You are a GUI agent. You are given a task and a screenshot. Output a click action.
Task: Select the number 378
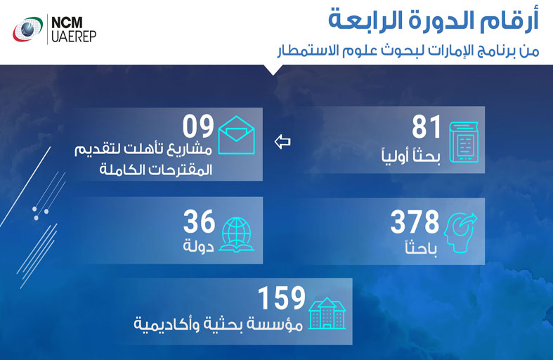click(414, 223)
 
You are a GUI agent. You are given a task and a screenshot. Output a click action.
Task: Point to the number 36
click(198, 223)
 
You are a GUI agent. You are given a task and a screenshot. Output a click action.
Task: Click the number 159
click(281, 298)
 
